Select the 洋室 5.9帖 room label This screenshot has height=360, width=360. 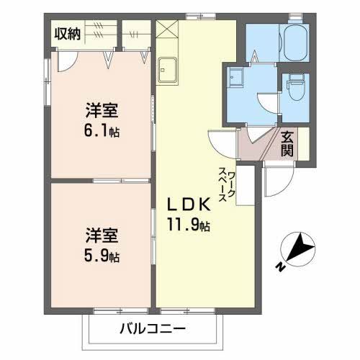(101, 245)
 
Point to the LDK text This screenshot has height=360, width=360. (190, 204)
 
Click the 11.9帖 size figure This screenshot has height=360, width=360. (190, 225)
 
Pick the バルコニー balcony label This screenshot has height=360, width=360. (152, 330)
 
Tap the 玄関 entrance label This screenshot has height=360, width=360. (287, 143)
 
